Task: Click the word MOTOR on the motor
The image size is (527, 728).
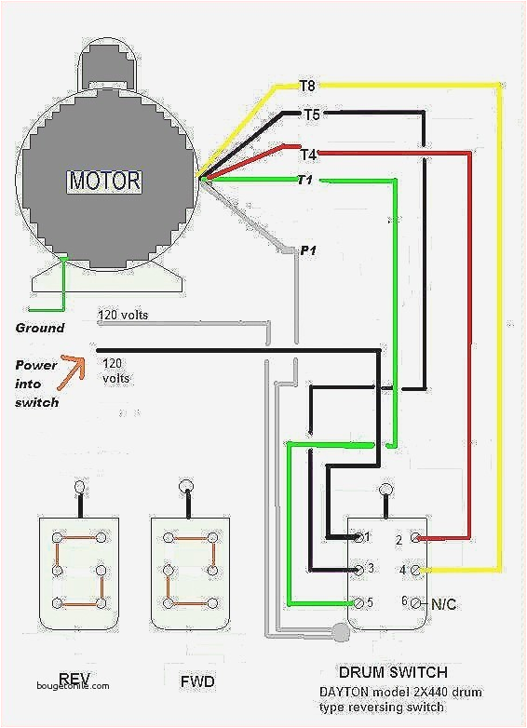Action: tap(103, 180)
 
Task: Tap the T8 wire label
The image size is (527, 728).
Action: tap(307, 86)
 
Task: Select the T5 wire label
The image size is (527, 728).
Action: tap(312, 115)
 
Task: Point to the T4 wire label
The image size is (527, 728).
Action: tap(308, 154)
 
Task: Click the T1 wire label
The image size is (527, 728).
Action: tap(304, 180)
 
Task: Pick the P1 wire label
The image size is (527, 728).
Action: tap(308, 251)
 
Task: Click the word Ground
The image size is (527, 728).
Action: tap(40, 328)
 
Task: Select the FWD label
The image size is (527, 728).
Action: tap(197, 682)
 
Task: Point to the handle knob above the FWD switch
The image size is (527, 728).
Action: tap(187, 485)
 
